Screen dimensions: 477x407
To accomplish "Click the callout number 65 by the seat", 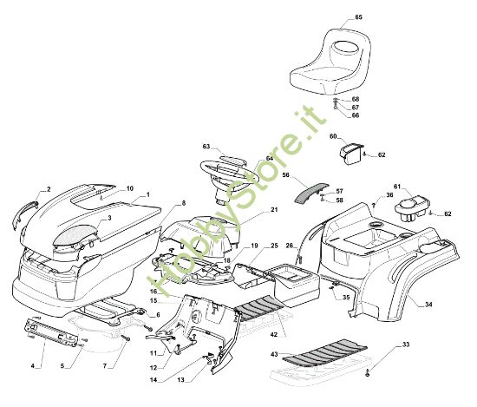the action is [x=359, y=17].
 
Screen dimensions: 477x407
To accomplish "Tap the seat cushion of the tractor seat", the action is [x=317, y=79].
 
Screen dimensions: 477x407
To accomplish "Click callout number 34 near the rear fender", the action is [x=428, y=304].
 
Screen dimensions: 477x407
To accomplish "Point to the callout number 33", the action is [x=406, y=345].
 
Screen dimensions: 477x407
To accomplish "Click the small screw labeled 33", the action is [x=369, y=371].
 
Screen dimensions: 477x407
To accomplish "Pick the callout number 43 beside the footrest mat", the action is [x=274, y=354].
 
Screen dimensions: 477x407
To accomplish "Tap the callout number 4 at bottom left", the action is [x=33, y=366].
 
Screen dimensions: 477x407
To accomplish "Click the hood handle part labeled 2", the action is [x=23, y=215].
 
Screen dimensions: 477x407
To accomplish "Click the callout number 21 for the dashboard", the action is [x=274, y=210].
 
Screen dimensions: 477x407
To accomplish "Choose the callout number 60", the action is [x=333, y=136].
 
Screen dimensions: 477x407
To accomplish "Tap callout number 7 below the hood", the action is [x=105, y=366].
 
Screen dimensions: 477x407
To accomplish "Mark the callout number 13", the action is [x=180, y=379].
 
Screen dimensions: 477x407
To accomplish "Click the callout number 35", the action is [x=346, y=298].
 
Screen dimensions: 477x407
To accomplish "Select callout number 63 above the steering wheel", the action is [x=206, y=147].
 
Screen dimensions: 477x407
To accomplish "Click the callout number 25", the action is [x=274, y=246].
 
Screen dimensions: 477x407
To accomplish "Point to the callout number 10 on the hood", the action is [x=130, y=188].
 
